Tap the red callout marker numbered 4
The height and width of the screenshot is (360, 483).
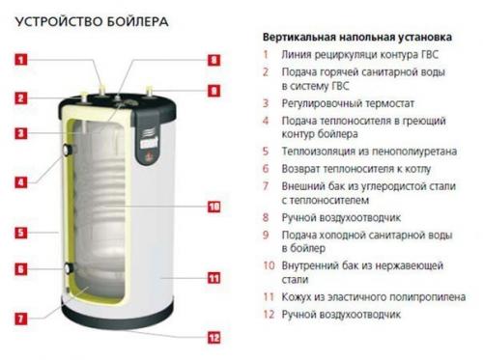(x=20, y=180)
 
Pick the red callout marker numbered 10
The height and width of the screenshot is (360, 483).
(x=213, y=207)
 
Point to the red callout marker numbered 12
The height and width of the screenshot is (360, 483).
(x=213, y=337)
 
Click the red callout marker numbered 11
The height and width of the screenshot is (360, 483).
(x=213, y=277)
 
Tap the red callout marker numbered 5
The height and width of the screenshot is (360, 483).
(x=20, y=233)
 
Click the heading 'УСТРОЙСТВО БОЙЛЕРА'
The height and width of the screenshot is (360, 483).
(x=85, y=19)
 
